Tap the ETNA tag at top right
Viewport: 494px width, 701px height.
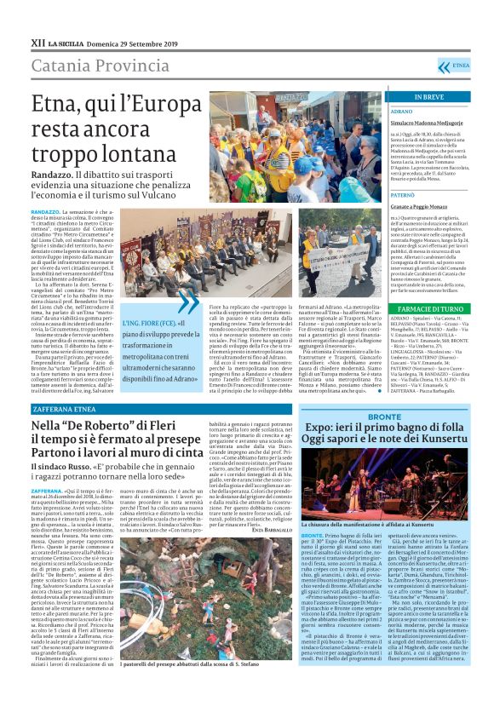(461, 65)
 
